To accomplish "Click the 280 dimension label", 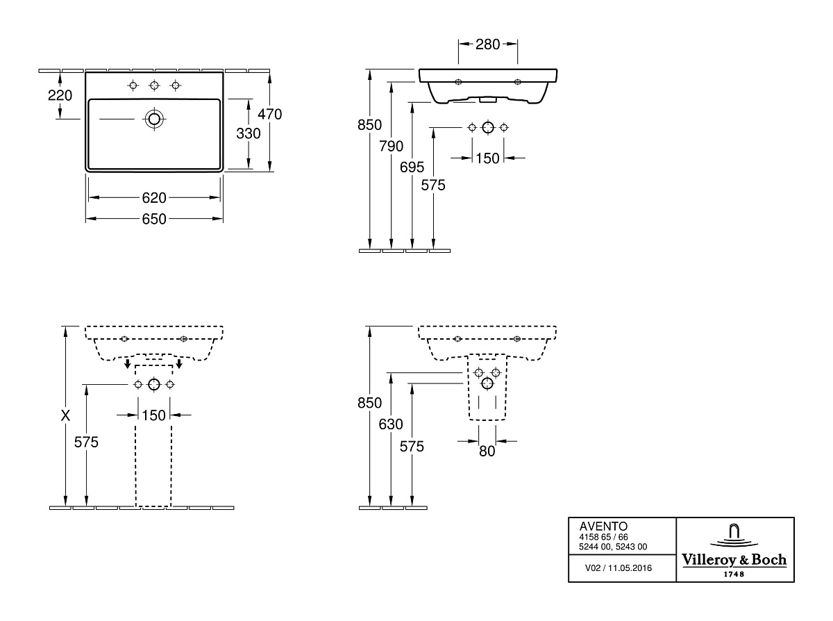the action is click(487, 44).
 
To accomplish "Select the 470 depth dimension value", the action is click(269, 114).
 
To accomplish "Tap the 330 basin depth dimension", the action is click(249, 133).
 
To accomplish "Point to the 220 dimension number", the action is click(60, 95).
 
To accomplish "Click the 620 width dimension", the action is click(154, 198).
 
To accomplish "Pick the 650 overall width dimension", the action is click(154, 219).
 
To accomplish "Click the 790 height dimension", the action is click(391, 146).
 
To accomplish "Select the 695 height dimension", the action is click(412, 167).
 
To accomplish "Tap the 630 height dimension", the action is click(391, 424).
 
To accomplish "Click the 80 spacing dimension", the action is click(487, 451).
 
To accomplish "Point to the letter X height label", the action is click(65, 415).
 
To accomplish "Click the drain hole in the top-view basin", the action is click(154, 119).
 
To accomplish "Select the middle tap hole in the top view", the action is click(154, 85).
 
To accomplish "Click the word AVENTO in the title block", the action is click(603, 526).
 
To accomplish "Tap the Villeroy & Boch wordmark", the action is click(734, 560).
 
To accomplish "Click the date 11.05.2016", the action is click(630, 568).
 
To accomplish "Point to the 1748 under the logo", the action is click(734, 574).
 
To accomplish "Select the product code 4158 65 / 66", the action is click(603, 537).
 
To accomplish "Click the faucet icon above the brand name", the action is click(734, 536).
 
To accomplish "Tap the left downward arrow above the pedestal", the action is click(128, 363).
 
